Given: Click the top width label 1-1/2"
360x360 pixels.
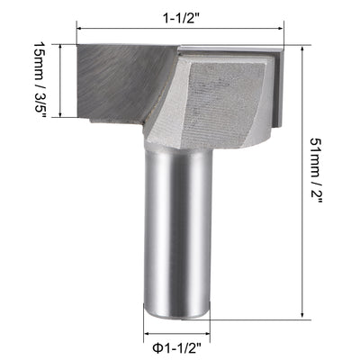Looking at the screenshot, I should tap(180, 15).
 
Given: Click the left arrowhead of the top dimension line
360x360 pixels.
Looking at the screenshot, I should tap(81, 30).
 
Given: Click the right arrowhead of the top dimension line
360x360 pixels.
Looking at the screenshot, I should tap(281, 30).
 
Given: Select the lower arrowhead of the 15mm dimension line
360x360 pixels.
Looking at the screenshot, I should tap(61, 114).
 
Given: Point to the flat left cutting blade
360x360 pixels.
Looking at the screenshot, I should tap(121, 81).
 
